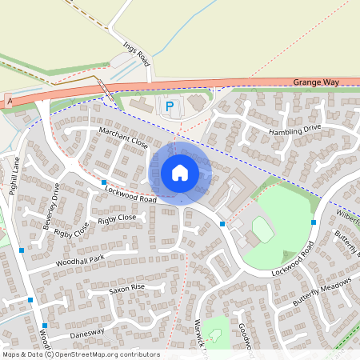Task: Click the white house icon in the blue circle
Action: (x=180, y=173)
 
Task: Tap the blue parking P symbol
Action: (x=168, y=106)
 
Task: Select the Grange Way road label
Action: (x=316, y=82)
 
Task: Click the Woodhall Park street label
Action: (x=80, y=261)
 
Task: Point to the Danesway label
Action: (x=87, y=332)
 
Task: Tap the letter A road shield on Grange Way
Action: (x=10, y=102)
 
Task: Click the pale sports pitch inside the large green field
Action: (x=262, y=230)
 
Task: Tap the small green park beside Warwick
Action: (x=217, y=330)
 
